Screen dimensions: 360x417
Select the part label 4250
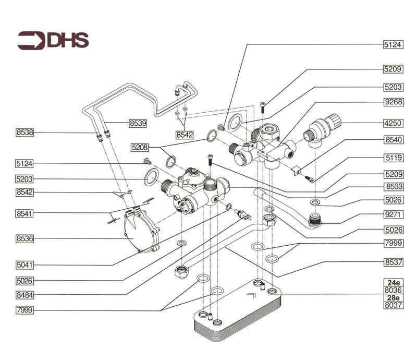tap(394, 124)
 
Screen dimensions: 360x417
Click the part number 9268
tap(394, 102)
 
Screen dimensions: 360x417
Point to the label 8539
tap(138, 124)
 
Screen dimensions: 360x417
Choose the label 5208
tap(140, 148)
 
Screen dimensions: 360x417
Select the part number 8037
tap(394, 305)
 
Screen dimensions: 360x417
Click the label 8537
tap(394, 261)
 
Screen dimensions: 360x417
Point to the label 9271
tap(394, 214)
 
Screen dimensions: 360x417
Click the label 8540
tap(394, 140)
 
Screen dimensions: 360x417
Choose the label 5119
tap(394, 157)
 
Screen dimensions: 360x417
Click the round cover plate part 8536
tap(137, 231)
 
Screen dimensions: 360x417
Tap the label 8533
tap(394, 186)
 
